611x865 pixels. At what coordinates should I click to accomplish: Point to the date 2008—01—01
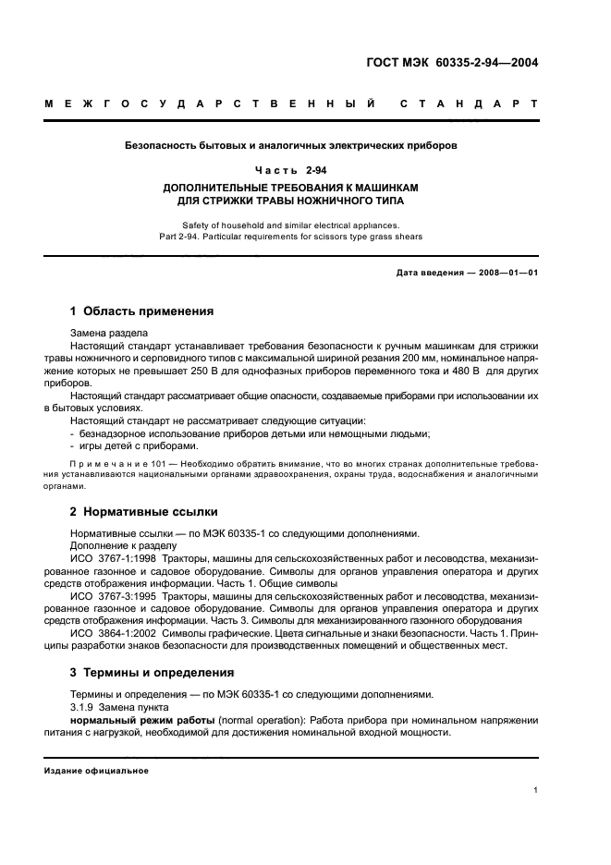coord(504,274)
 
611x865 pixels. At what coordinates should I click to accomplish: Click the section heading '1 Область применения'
coord(142,311)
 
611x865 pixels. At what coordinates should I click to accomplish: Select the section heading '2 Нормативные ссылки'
coord(144,511)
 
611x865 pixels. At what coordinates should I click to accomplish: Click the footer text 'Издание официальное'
coord(97,770)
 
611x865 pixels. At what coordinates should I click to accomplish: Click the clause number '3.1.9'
coord(85,705)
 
